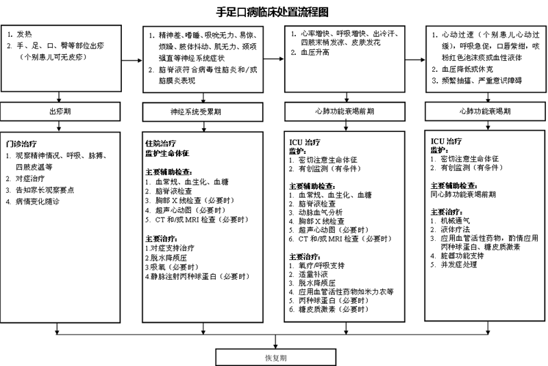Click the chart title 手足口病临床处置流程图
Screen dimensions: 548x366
272,12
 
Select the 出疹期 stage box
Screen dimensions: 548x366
60,112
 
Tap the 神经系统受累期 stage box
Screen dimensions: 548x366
203,112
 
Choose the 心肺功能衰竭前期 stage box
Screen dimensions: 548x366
345,112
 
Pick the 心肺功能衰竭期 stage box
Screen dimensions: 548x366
485,112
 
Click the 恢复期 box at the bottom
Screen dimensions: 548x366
276,358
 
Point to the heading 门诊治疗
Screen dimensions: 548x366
21,144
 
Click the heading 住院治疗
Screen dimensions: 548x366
161,144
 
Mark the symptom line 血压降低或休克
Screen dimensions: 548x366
462,69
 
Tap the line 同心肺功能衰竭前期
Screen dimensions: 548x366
463,194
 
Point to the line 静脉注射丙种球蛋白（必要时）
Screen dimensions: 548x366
198,276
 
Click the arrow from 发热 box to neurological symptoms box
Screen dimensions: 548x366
132,60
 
